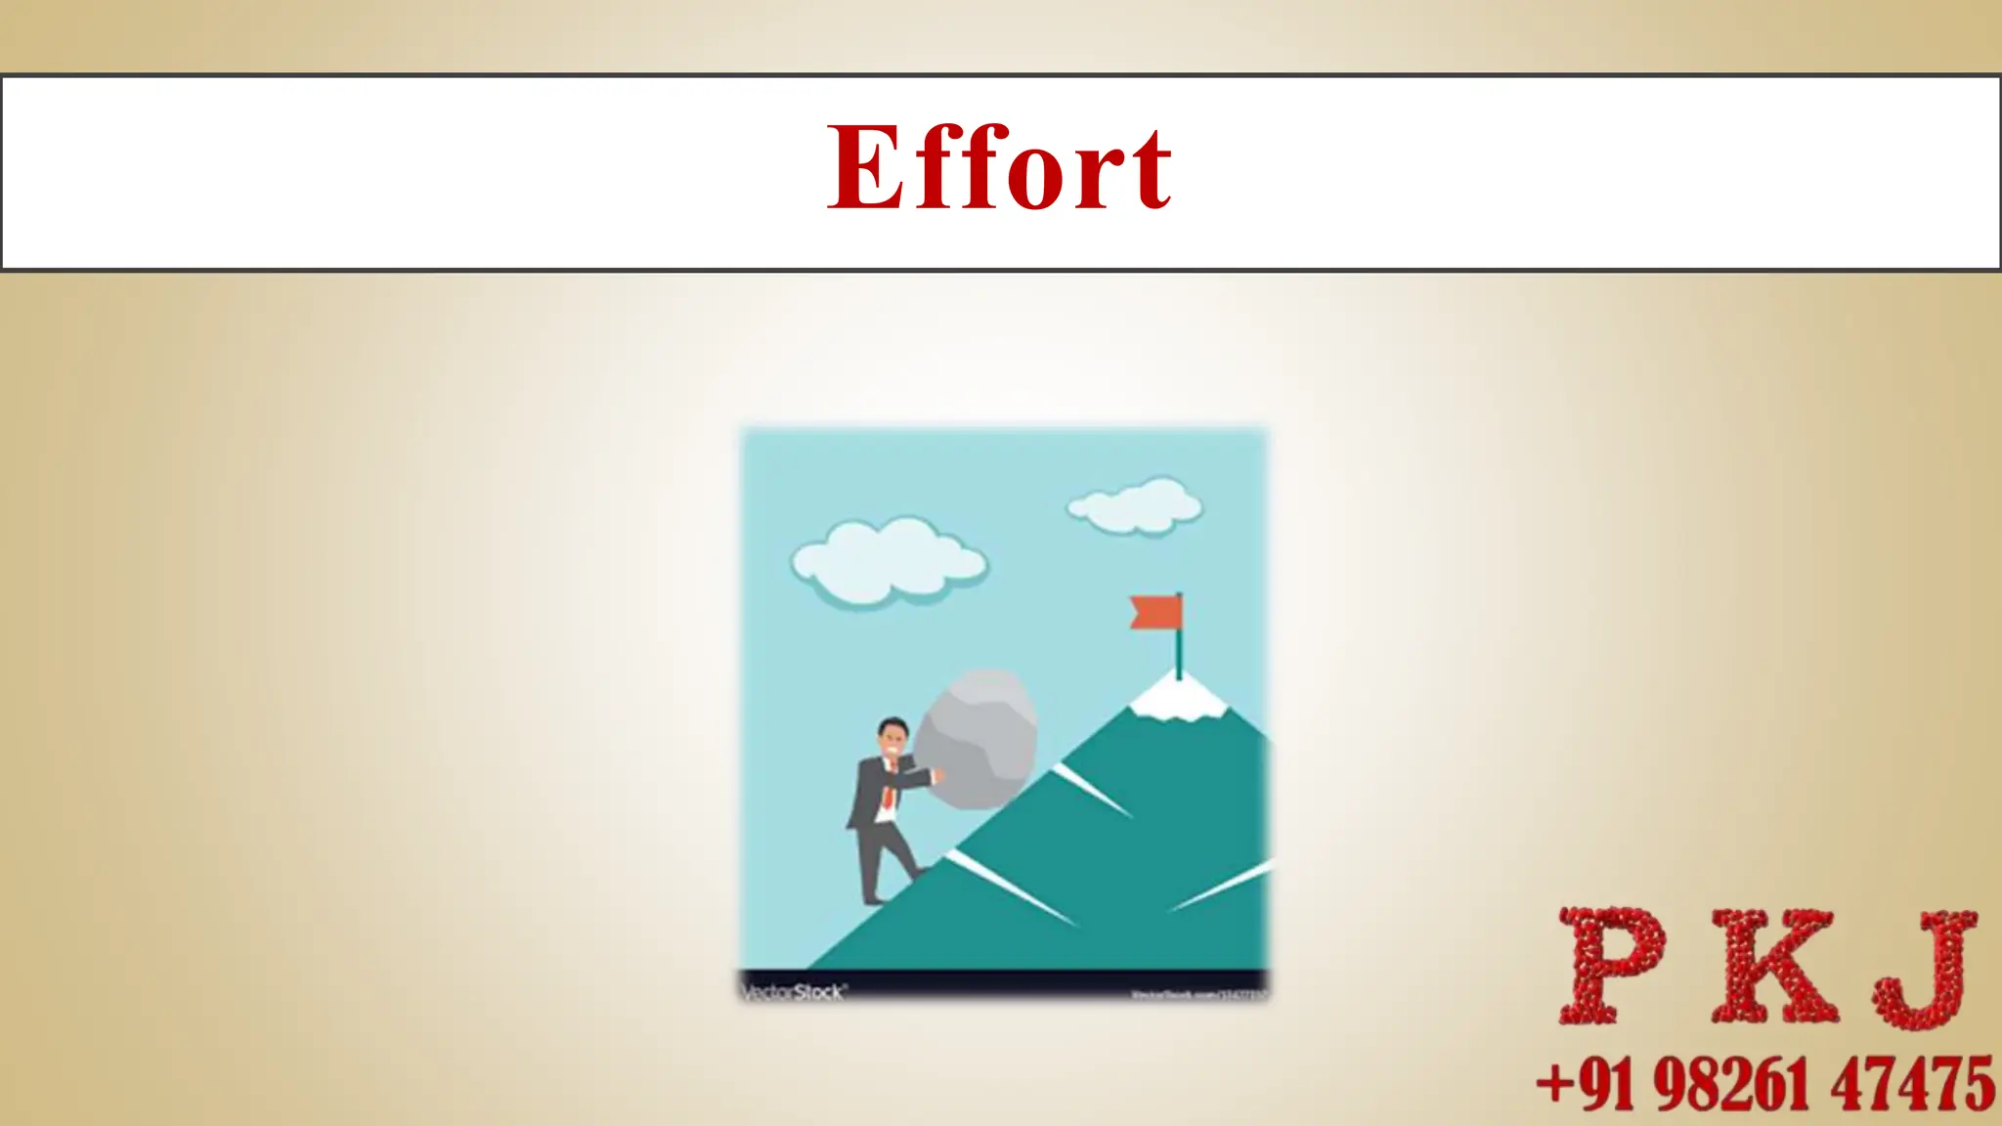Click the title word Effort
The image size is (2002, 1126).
[999, 168]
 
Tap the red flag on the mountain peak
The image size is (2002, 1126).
[1155, 612]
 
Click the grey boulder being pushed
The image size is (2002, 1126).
[975, 739]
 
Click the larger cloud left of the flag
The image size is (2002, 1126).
[888, 562]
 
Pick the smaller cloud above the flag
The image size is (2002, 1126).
[1135, 505]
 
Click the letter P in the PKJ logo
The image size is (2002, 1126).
[1610, 966]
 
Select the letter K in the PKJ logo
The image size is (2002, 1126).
[1771, 966]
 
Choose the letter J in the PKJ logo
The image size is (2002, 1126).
[1924, 968]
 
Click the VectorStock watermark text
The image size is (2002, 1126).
[793, 992]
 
